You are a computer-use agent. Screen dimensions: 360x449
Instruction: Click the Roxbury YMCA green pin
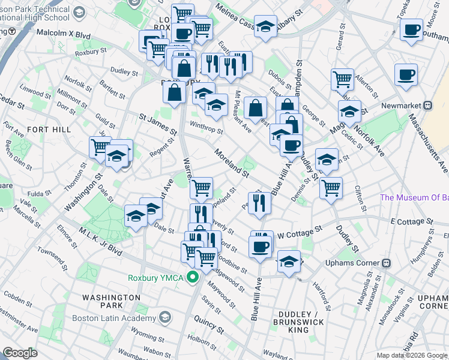click(193, 277)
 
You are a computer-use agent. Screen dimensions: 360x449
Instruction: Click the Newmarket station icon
click(427, 106)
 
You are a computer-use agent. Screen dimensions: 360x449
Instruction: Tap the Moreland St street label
click(232, 164)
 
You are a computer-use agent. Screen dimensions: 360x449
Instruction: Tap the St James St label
click(158, 124)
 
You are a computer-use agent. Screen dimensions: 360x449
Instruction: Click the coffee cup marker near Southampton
click(412, 31)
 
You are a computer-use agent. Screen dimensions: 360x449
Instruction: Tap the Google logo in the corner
click(20, 353)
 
